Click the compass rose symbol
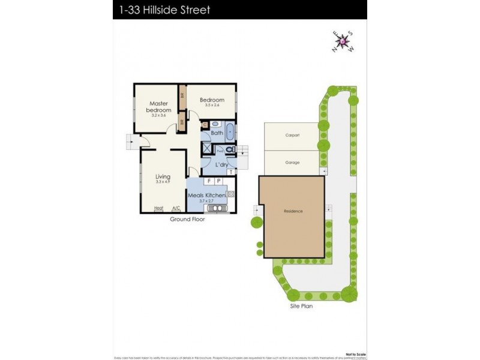pos(343,41)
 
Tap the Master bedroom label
pos(160,107)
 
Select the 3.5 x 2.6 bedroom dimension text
pos(212,106)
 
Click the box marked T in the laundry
pos(232,172)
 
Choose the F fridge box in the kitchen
pos(209,181)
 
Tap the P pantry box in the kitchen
pos(218,181)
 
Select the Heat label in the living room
pos(158,208)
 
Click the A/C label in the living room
pos(176,208)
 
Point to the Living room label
pos(163,177)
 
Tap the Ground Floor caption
pos(187,220)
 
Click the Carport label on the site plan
pos(292,136)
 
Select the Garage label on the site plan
pos(292,163)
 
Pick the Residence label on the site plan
pos(293,211)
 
